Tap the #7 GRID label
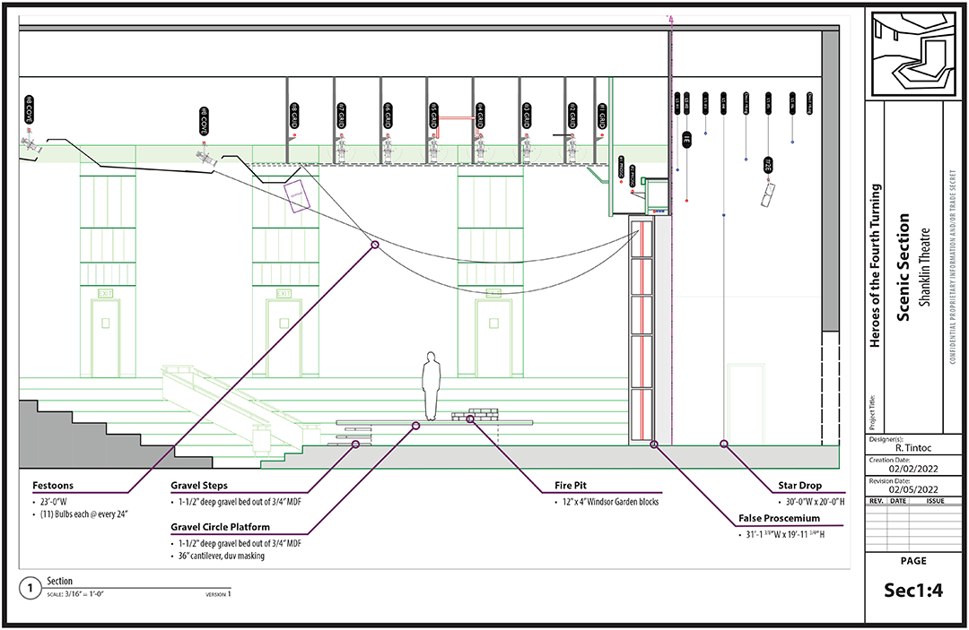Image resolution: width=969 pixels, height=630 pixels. [x=341, y=113]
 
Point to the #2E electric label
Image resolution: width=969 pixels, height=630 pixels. [x=768, y=165]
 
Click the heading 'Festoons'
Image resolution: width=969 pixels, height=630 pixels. [x=51, y=486]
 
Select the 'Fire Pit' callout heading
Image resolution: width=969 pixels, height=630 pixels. [x=571, y=486]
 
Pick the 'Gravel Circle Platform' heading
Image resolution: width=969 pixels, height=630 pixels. [x=220, y=527]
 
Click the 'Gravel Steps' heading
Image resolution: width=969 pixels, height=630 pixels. [x=199, y=486]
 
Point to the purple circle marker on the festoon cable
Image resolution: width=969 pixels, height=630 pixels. [x=375, y=244]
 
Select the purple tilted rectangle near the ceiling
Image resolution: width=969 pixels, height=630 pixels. [x=297, y=194]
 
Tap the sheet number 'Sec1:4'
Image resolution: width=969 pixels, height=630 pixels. [x=912, y=591]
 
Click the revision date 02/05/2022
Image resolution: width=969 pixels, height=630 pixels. [x=913, y=489]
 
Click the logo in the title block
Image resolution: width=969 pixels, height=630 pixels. [x=912, y=51]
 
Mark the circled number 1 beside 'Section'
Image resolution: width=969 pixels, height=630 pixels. [x=31, y=588]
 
